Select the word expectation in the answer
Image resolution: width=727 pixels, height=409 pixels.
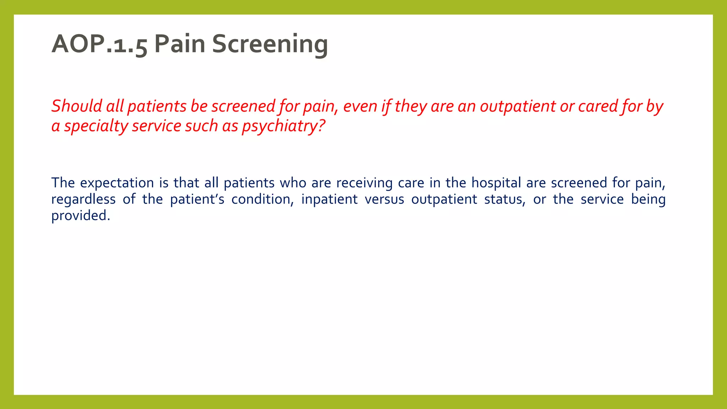click(x=117, y=183)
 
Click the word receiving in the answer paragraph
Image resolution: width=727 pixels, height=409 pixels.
click(x=365, y=183)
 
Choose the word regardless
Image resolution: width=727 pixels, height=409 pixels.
click(x=83, y=199)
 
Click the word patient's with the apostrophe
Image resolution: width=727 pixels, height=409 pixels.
click(x=197, y=199)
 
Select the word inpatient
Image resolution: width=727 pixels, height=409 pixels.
click(x=329, y=199)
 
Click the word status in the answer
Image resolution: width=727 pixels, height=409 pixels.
click(x=504, y=199)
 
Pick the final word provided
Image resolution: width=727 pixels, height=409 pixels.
click(x=81, y=216)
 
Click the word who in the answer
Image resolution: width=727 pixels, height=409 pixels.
click(x=293, y=183)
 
